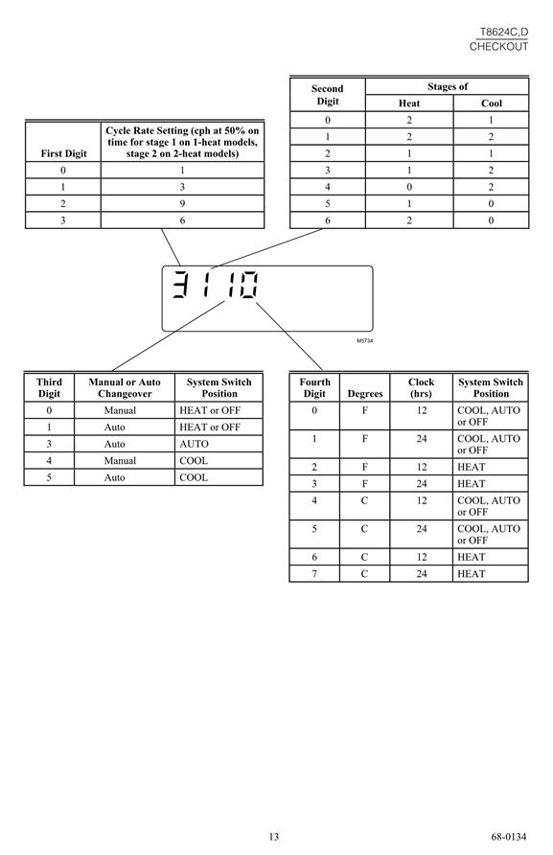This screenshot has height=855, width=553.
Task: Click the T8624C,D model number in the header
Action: (503, 33)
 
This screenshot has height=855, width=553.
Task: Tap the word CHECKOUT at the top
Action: (498, 46)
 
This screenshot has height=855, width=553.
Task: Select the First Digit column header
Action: (63, 153)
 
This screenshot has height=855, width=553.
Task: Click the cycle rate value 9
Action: (182, 203)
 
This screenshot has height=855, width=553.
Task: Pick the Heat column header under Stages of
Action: (409, 104)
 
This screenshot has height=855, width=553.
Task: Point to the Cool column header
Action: (491, 104)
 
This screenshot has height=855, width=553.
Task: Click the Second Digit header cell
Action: (327, 95)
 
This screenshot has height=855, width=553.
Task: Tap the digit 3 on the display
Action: (180, 284)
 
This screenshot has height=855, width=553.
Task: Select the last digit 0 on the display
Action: (250, 284)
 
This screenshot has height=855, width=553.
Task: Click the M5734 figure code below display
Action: (365, 341)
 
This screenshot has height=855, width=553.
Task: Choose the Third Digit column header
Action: (49, 387)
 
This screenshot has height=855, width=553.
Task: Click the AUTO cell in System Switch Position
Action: (194, 444)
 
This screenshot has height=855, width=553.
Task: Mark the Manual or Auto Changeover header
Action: (125, 387)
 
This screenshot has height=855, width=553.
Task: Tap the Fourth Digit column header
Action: (314, 387)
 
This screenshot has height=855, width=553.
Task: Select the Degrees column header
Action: (365, 394)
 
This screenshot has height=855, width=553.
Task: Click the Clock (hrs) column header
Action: (421, 387)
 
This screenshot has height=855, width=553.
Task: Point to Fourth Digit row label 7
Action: (314, 573)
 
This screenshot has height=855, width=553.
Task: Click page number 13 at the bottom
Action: (273, 837)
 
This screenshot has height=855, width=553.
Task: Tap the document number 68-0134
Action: (509, 837)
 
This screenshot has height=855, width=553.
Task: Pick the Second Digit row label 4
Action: (327, 187)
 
